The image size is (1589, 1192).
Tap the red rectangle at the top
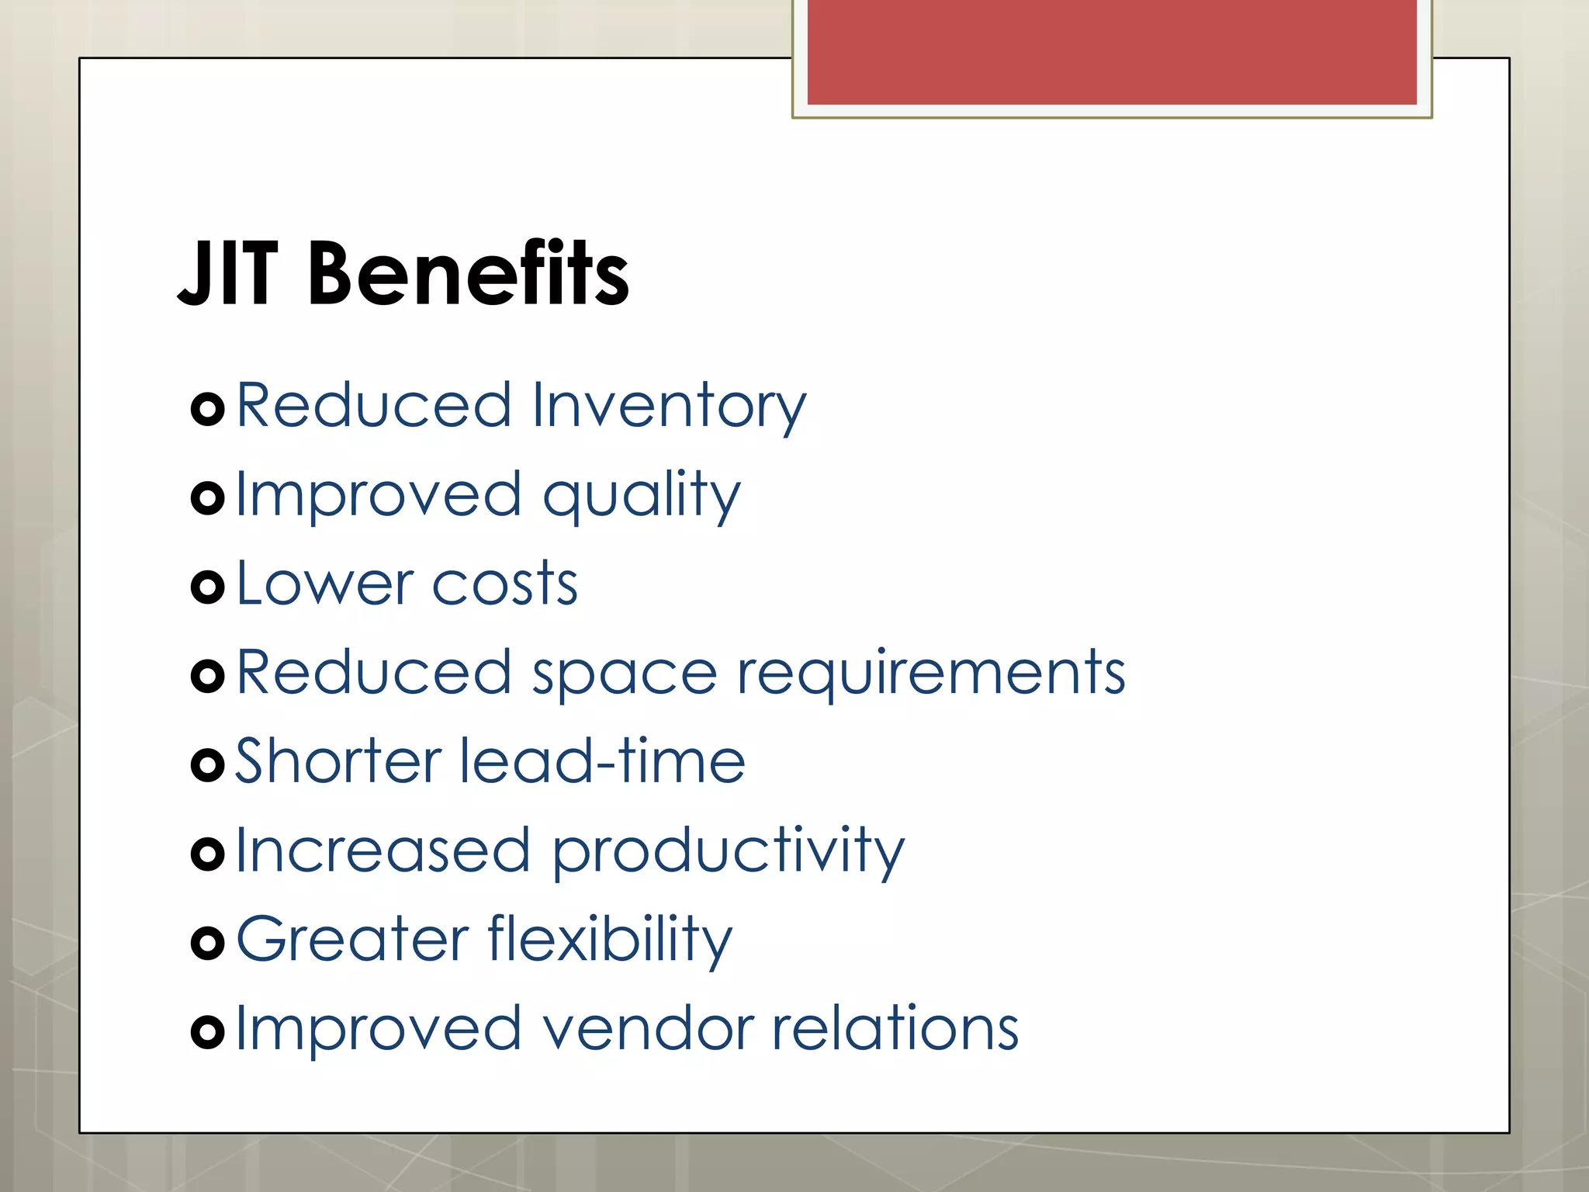coord(1111,52)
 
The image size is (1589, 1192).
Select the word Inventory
coord(669,406)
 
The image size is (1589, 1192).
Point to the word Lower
coord(324,584)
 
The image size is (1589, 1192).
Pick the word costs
coord(504,585)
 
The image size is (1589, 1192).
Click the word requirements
coord(930,674)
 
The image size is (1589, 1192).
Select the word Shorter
coord(338,761)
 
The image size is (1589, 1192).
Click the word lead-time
coord(602,761)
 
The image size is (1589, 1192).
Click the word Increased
coord(383,851)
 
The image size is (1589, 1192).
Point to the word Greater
coord(352,939)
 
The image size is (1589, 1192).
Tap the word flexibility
coord(610,941)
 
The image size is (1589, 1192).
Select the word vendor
coord(647,1029)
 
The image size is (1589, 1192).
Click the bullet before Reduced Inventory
coord(207,409)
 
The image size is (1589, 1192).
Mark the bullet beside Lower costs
coord(207,587)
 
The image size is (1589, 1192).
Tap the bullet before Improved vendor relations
coord(207,1032)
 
